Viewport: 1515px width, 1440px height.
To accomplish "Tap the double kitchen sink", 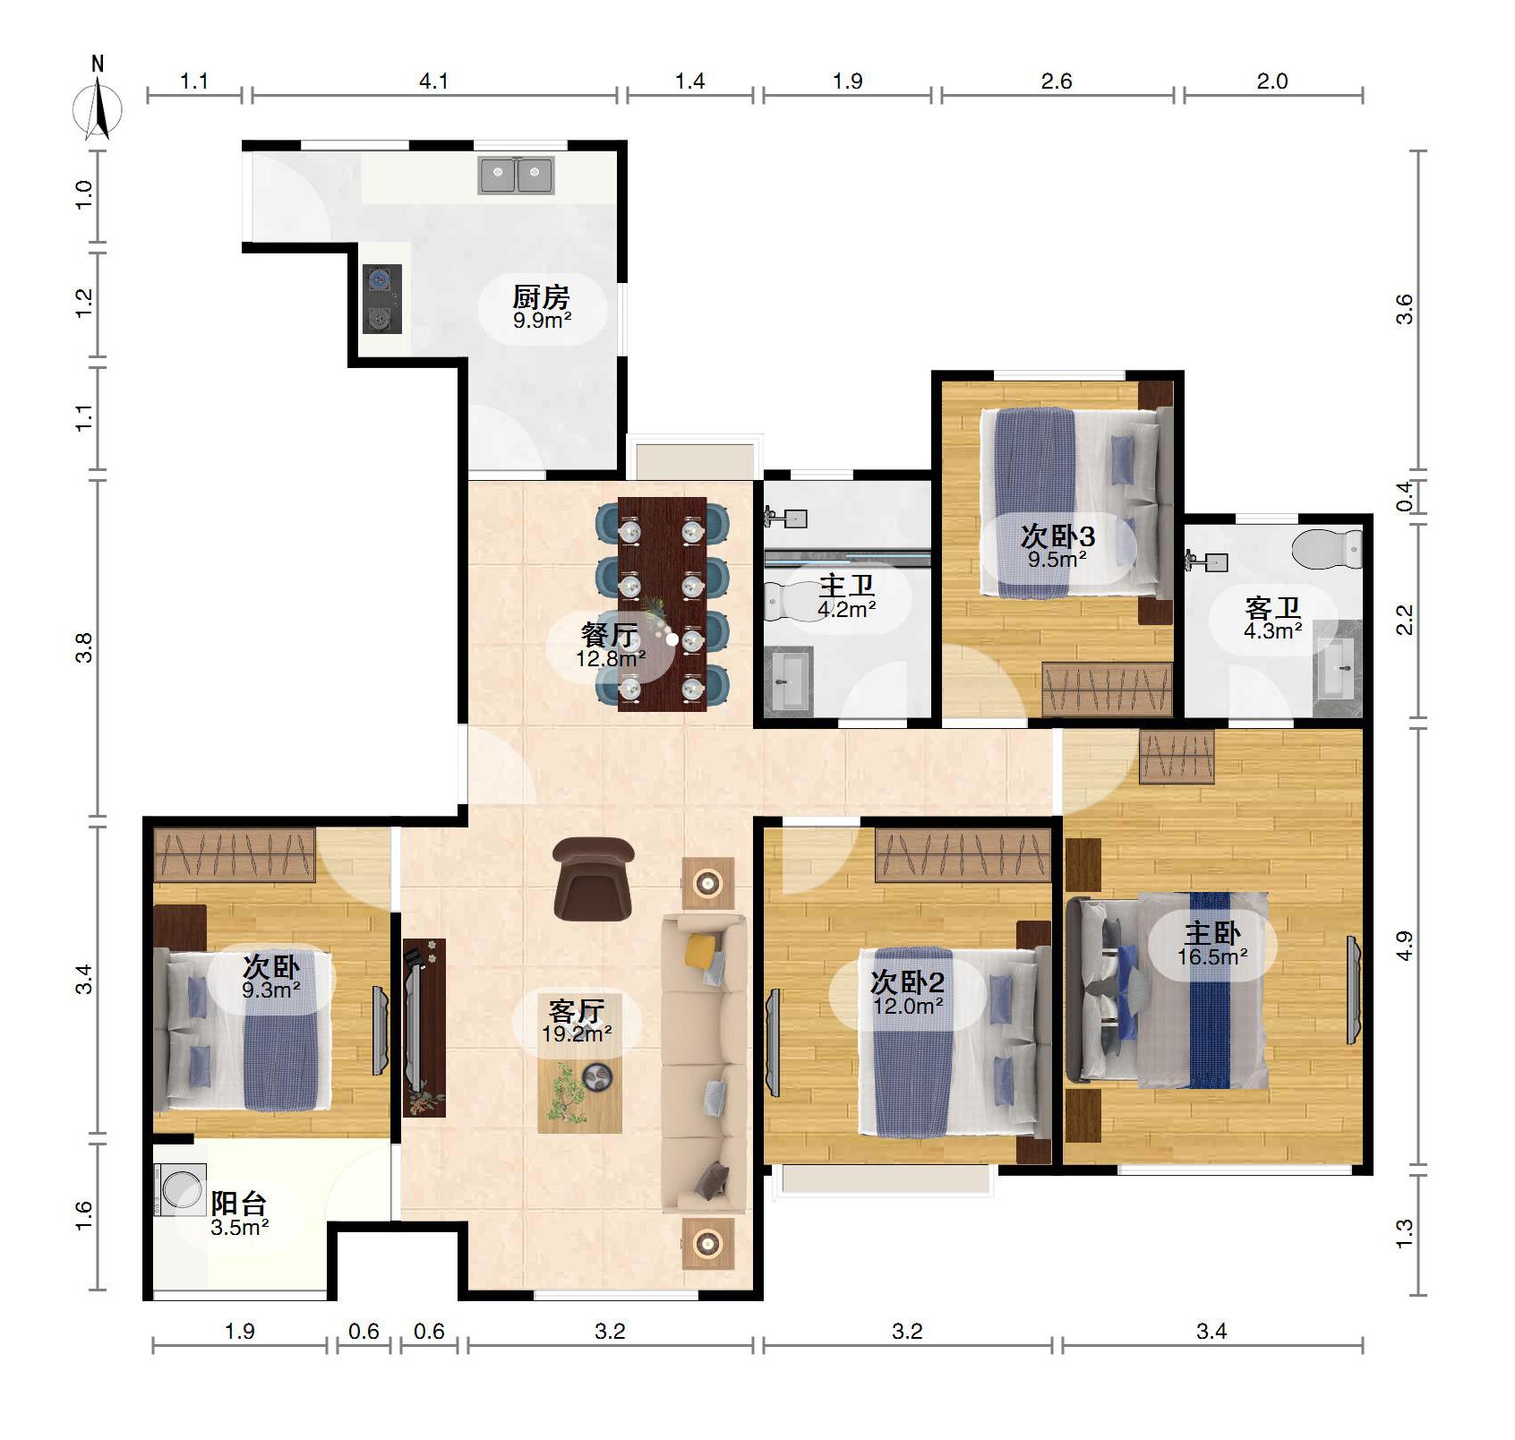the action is click(x=517, y=175).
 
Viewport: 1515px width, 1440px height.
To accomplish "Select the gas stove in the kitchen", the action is click(x=381, y=298).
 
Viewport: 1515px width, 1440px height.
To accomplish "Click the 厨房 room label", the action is click(x=541, y=296).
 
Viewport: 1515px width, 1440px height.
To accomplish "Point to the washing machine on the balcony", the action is click(x=181, y=1189).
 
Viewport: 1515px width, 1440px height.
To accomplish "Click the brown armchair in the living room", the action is click(x=592, y=879).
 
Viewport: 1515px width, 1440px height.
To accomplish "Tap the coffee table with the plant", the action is click(x=579, y=1095).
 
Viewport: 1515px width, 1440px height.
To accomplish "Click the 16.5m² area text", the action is click(x=1213, y=957).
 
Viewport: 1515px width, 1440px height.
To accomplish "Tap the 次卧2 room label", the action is click(x=907, y=982).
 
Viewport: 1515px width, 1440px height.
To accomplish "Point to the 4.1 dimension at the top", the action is click(x=433, y=81).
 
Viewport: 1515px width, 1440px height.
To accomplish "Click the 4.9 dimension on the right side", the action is click(x=1405, y=946).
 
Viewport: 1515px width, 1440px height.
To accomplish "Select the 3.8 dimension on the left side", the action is click(x=83, y=647).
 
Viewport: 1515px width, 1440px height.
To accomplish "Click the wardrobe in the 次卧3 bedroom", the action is click(x=1108, y=689).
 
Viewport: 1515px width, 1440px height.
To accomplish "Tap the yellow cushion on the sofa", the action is click(x=701, y=950).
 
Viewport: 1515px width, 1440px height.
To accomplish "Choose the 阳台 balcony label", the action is click(x=239, y=1203).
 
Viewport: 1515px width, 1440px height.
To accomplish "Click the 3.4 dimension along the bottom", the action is click(x=1211, y=1332).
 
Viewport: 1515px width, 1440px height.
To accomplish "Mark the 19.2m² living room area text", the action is click(x=577, y=1034).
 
